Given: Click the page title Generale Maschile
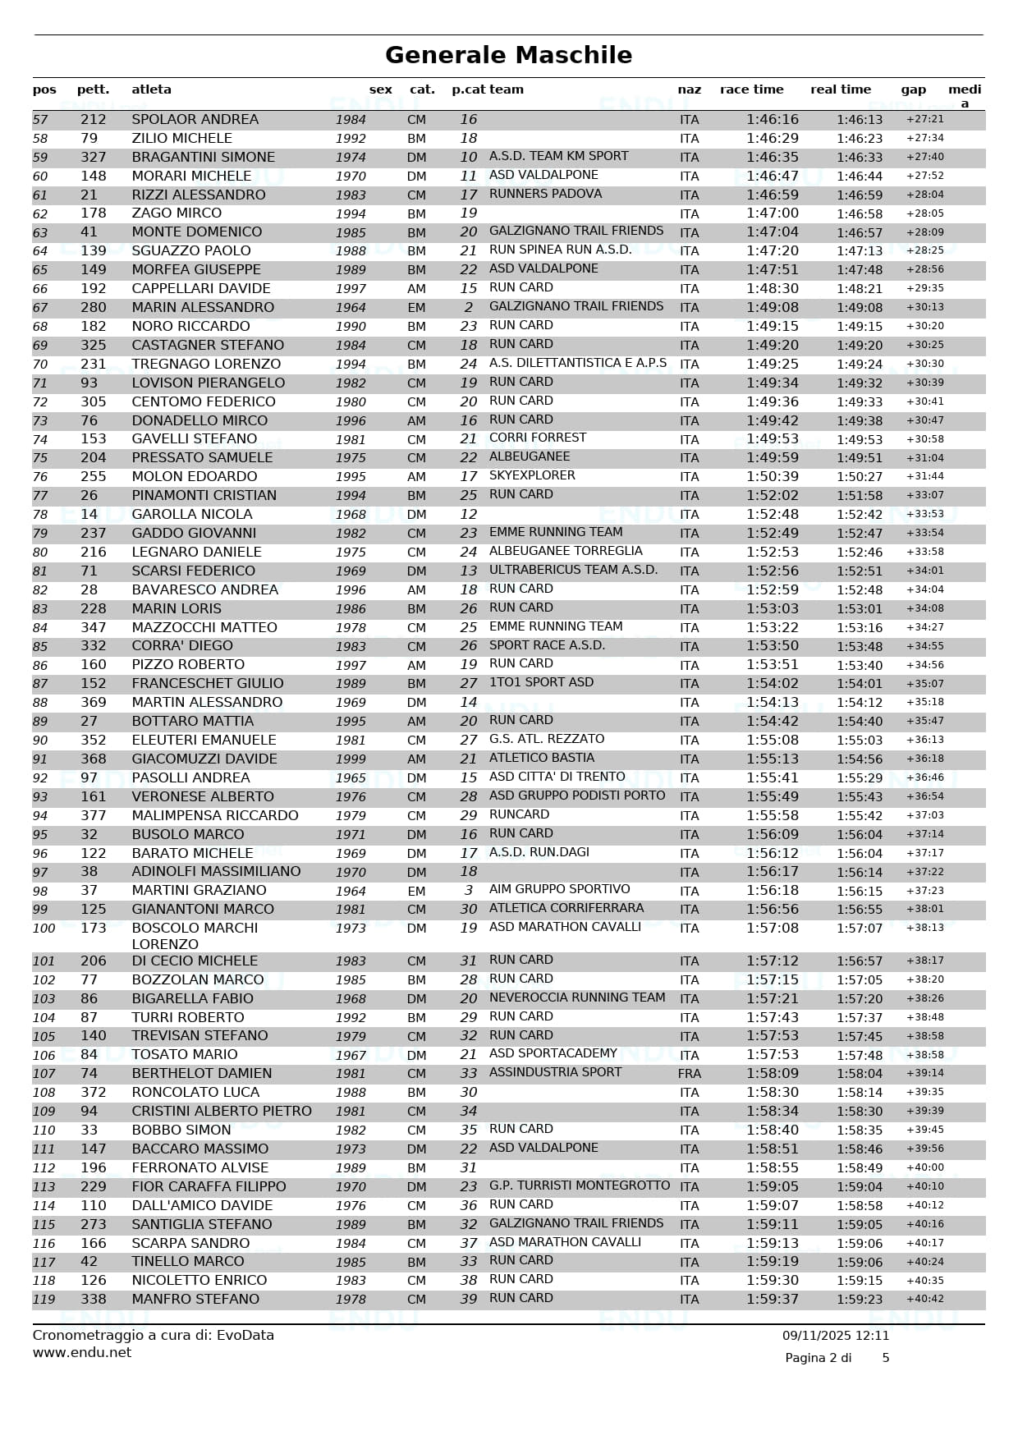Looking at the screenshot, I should (x=508, y=55).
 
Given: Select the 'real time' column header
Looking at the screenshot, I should (x=840, y=89).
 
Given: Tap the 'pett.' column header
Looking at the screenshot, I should (x=93, y=89).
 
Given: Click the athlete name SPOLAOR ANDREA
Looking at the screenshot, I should (x=195, y=120).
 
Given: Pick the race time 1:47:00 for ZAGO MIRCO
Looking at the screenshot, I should (x=772, y=213).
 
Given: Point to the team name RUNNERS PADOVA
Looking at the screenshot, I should (x=545, y=194).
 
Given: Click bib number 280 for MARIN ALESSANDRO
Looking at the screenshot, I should (x=93, y=308).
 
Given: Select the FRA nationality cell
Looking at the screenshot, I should (x=689, y=1074).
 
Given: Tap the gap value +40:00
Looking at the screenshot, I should (x=924, y=1167).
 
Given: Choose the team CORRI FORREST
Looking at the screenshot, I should (x=538, y=438).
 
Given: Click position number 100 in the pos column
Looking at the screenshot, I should (x=44, y=929).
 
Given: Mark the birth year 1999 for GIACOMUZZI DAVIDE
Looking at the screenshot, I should (x=351, y=759).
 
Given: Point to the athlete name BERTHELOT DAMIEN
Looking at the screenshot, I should (x=201, y=1074).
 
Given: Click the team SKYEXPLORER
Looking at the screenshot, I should (x=532, y=476).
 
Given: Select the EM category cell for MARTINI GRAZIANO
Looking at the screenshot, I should (x=416, y=891).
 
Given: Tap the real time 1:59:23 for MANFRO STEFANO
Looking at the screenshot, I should (x=859, y=1300).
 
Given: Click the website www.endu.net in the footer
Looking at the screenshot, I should (x=81, y=1352).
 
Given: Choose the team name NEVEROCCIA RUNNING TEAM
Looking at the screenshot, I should (x=576, y=997).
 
